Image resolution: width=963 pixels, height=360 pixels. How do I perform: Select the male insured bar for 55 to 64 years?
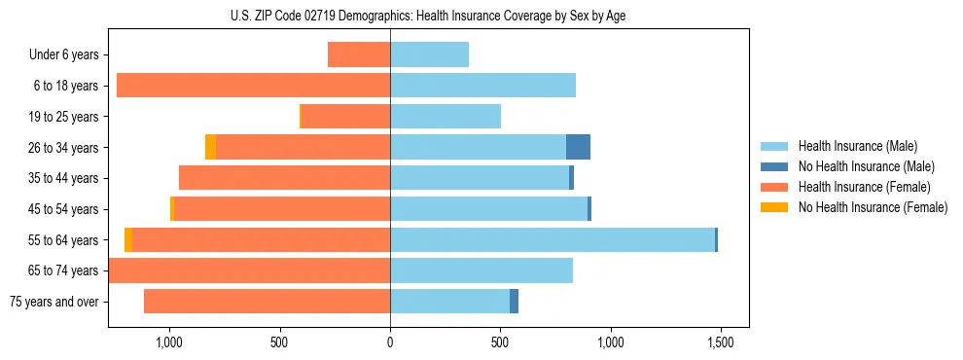[x=552, y=239]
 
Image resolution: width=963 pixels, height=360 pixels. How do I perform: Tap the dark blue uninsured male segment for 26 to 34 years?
[x=578, y=147]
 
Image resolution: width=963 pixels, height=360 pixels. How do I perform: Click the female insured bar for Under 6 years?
[x=359, y=54]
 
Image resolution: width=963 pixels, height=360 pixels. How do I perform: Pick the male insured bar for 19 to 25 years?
[x=445, y=116]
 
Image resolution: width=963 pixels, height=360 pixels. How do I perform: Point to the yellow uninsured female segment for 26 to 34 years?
[x=210, y=147]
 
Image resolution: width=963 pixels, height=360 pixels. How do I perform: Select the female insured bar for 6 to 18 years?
[x=253, y=86]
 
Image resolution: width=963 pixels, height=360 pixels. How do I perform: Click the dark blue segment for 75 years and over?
[x=514, y=302]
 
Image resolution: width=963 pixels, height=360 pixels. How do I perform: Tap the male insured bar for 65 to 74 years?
[x=481, y=270]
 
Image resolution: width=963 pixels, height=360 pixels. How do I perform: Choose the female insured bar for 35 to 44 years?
[x=284, y=178]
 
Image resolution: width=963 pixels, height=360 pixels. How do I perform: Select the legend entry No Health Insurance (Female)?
[x=873, y=207]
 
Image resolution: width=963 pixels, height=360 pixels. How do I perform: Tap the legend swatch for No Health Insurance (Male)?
[x=774, y=166]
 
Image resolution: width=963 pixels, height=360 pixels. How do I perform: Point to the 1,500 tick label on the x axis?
[x=720, y=342]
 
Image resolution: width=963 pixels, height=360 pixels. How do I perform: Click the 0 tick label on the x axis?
[x=390, y=342]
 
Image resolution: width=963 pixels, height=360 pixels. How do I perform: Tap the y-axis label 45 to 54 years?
[x=64, y=209]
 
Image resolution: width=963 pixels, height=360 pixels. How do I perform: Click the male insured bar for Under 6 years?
[x=429, y=54]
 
